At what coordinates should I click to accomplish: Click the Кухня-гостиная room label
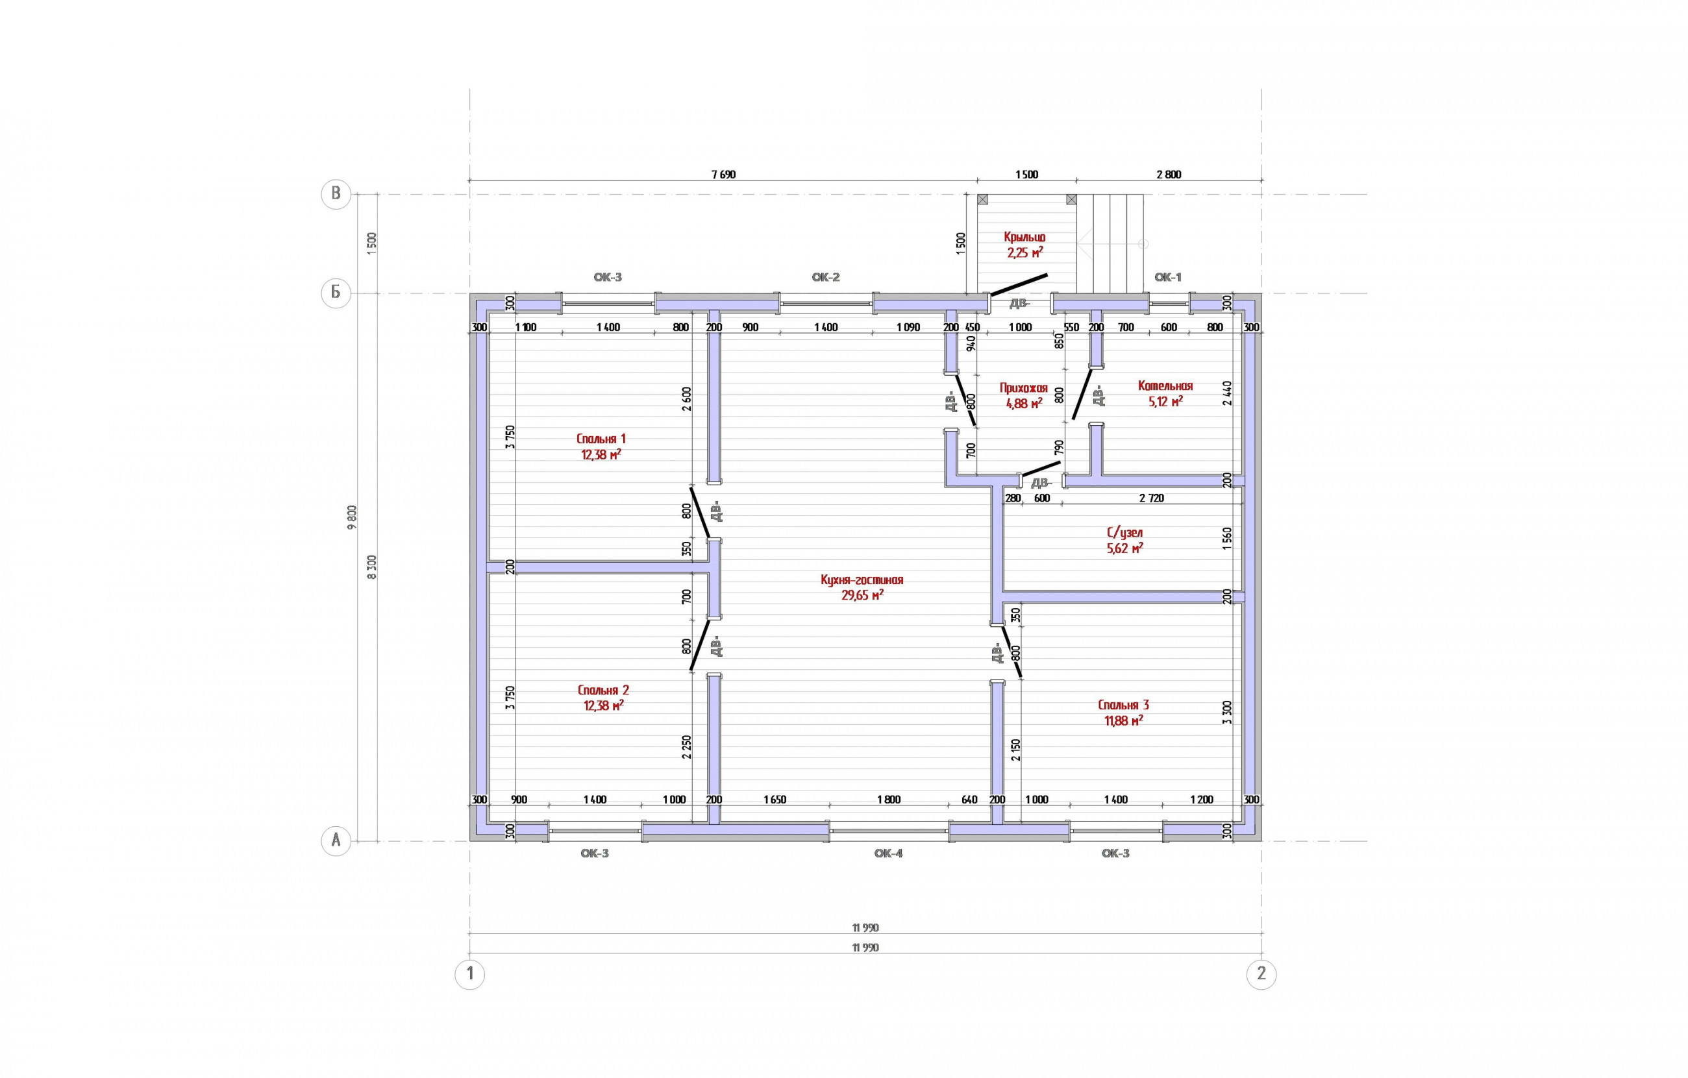point(862,580)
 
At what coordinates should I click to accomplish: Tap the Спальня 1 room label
point(601,439)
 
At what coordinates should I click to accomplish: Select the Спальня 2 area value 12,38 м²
point(604,705)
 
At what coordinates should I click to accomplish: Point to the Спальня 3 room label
point(1123,705)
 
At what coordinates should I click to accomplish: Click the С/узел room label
point(1124,533)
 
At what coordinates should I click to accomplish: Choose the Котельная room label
point(1165,386)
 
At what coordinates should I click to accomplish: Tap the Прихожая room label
point(1023,387)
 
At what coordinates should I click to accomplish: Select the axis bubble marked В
point(336,194)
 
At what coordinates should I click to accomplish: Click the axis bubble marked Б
point(336,293)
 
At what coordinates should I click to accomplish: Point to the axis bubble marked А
point(336,840)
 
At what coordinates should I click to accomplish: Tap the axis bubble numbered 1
point(469,974)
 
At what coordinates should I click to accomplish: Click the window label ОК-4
point(888,853)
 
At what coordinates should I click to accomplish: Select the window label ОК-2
point(825,277)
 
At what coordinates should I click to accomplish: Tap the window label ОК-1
point(1167,277)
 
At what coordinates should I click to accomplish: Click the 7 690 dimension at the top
point(723,175)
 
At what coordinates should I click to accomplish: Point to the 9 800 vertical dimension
point(352,517)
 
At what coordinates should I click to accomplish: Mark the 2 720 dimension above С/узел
point(1151,498)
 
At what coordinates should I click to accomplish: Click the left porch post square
point(982,200)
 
